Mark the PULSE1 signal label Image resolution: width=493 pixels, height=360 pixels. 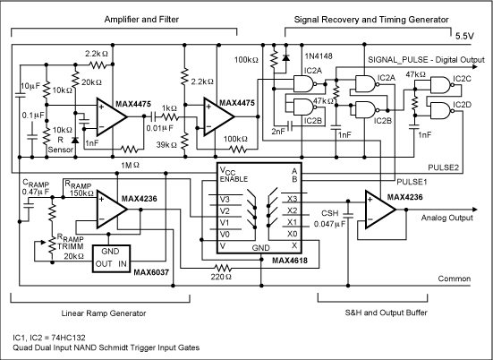pyautogui.click(x=412, y=181)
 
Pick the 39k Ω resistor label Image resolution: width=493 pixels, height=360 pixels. pyautogui.click(x=166, y=143)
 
